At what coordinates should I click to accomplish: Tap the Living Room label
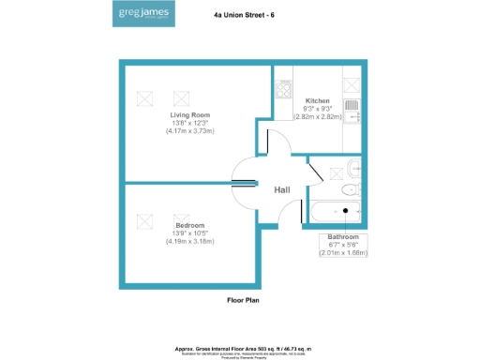point(189,115)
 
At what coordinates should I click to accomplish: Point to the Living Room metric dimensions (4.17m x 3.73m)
point(189,131)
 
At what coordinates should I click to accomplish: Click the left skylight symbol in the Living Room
point(145,97)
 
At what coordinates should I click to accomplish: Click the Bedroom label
point(189,226)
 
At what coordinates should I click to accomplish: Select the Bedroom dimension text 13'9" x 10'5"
point(189,233)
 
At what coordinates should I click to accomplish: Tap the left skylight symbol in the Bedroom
point(145,220)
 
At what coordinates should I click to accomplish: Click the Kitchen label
point(318,100)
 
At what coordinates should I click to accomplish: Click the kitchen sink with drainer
point(352,110)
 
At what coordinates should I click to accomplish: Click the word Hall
point(282,190)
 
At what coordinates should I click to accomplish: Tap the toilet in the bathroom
point(352,171)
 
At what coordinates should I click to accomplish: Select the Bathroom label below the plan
point(343,237)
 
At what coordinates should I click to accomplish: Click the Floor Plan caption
point(243,301)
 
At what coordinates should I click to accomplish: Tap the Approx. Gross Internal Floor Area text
point(243,346)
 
